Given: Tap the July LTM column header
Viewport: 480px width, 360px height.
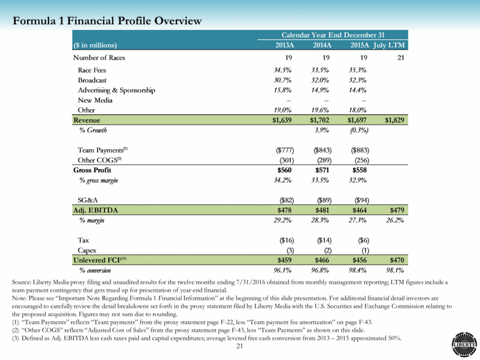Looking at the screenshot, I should click(x=390, y=45).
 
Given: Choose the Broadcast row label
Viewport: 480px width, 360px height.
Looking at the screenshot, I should click(x=93, y=80).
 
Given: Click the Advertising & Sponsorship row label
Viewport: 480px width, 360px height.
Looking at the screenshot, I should click(x=116, y=90).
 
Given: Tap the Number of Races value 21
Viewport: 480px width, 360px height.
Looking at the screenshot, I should click(x=400, y=58).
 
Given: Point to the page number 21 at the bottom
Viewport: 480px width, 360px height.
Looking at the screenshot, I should click(x=239, y=346).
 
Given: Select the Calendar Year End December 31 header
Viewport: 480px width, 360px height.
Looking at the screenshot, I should click(x=333, y=35).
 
